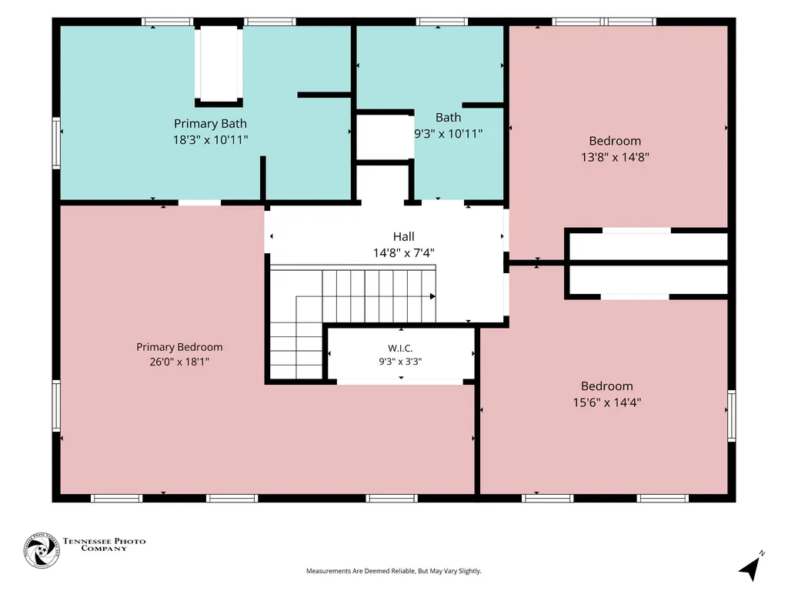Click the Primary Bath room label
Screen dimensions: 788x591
210,123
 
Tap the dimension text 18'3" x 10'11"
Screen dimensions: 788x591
211,140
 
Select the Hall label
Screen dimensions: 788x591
403,236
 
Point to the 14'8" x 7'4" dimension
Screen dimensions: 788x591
403,252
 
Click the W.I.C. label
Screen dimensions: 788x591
400,348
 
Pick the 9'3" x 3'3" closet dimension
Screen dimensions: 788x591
400,362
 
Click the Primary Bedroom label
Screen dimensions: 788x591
179,347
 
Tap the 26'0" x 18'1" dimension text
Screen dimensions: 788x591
179,362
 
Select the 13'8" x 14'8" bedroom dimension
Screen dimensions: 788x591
615,157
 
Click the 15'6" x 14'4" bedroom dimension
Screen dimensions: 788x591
607,402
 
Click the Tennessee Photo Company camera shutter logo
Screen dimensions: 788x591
42,551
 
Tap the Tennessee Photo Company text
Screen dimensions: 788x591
104,544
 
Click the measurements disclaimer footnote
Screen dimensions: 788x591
394,571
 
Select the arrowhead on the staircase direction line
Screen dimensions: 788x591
432,296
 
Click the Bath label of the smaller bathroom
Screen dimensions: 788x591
449,118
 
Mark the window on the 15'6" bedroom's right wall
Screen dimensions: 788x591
732,416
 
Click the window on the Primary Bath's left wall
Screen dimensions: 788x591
56,143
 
